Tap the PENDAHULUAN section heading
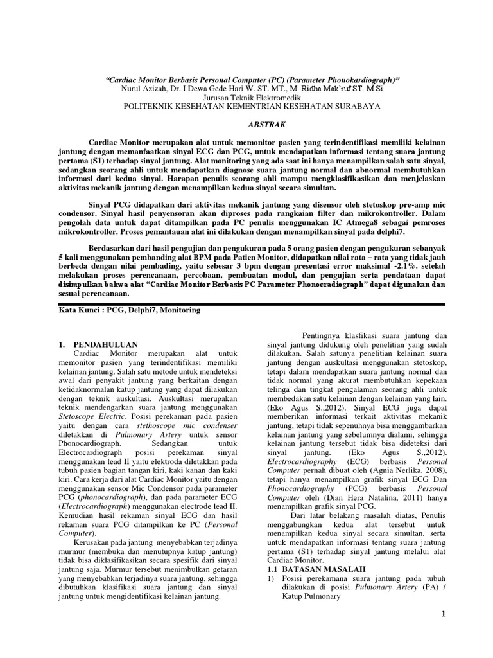point(106,345)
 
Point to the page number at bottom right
point(443,615)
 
